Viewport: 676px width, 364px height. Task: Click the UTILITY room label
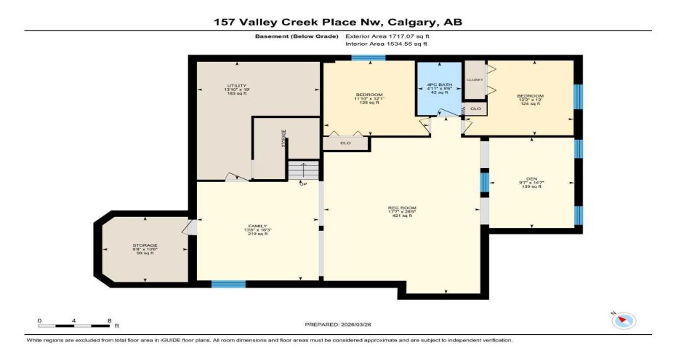232,90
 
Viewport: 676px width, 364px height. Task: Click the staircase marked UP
303,171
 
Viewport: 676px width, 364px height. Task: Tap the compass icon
624,320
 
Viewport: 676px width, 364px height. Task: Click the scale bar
75,325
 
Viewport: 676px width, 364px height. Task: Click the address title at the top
337,23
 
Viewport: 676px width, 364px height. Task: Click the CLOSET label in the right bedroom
475,79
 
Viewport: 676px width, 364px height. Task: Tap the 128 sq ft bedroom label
369,99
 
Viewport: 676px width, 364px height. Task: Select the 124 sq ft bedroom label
529,100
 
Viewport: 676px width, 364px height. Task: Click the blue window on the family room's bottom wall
228,283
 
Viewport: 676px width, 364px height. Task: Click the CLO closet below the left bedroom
346,143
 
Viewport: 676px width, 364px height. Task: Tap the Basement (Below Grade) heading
296,36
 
